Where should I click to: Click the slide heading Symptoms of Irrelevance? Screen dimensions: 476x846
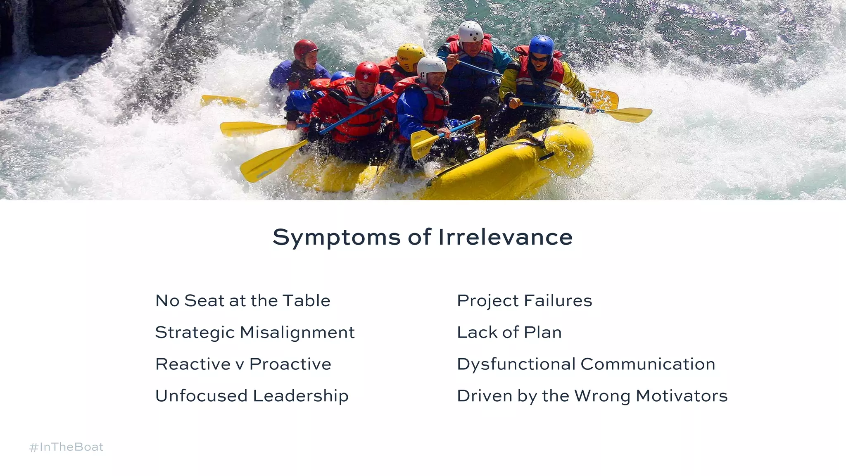tap(423, 237)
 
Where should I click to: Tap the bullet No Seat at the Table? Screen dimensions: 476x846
tap(242, 301)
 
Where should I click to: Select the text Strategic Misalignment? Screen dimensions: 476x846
tap(254, 333)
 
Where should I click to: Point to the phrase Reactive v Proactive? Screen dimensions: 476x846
tap(243, 364)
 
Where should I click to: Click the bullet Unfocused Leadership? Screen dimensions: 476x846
tap(252, 396)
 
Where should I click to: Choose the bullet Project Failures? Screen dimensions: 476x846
tap(524, 301)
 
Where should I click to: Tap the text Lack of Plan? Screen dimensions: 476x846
tap(509, 333)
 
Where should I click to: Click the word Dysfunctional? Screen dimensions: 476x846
tap(516, 364)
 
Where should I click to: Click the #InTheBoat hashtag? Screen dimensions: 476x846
tap(66, 447)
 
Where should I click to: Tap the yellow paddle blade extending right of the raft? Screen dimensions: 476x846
tap(630, 114)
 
